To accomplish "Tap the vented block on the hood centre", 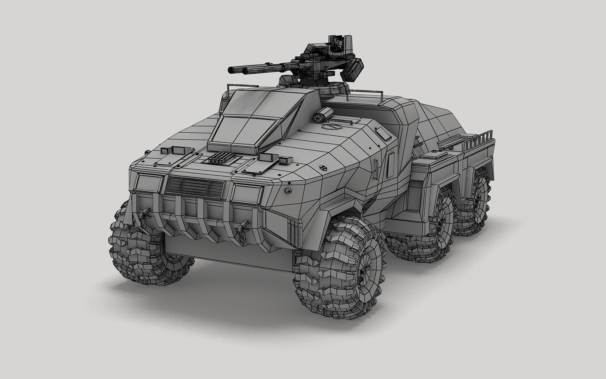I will [x=218, y=160].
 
